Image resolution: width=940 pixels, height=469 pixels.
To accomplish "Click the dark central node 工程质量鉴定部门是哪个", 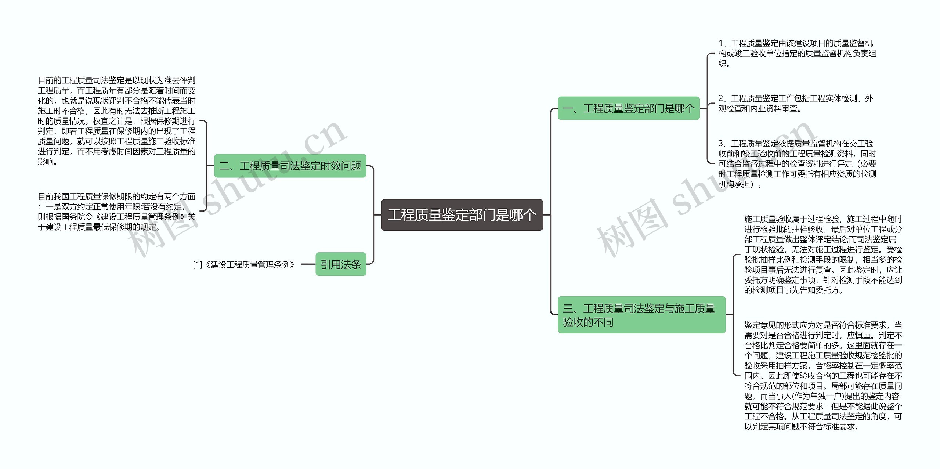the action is pos(462,215).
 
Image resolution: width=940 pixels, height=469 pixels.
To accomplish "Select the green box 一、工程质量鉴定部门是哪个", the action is pos(628,108).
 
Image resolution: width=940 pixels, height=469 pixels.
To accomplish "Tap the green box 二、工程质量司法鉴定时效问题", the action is pos(290,166).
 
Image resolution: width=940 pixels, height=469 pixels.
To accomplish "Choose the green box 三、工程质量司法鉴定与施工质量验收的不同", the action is pos(641,315).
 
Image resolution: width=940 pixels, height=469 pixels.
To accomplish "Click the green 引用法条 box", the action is pos(340,264).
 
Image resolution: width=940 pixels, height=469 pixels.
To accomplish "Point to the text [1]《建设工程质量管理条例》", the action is pos(244,264).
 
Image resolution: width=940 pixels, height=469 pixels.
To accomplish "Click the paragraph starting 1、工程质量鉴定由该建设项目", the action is pos(797,53).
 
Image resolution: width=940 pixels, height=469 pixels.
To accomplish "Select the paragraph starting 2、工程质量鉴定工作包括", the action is pos(795,104).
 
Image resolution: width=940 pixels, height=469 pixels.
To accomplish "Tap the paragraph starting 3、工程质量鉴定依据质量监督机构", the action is pos(797,163).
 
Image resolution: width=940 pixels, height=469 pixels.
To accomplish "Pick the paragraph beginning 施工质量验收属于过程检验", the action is pos(823,255).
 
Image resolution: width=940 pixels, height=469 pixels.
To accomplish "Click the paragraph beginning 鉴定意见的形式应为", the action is pos(823,376).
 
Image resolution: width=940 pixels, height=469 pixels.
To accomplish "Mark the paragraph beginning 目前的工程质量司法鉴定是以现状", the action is pos(116,121).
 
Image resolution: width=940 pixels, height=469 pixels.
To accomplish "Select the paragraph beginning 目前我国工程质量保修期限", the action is pos(116,212).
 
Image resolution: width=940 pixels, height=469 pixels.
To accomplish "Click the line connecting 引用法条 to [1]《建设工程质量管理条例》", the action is pos(308,264).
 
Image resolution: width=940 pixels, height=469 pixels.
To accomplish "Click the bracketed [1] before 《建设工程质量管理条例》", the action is pos(198,264).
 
